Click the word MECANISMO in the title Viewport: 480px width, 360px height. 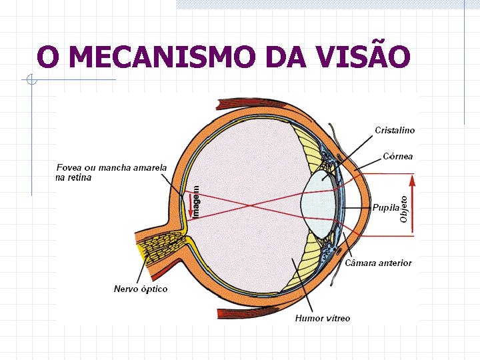click(162, 57)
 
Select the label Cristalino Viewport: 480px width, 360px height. click(395, 131)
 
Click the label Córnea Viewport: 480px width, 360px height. click(398, 157)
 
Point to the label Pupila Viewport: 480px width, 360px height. click(386, 207)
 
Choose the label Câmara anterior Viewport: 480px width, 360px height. click(378, 263)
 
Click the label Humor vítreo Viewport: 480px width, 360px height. click(323, 318)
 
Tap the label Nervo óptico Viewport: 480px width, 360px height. click(141, 289)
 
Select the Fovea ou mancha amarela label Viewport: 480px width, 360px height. click(111, 172)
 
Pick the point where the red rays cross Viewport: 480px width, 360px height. click(251, 205)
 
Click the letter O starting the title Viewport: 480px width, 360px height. click(47, 57)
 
